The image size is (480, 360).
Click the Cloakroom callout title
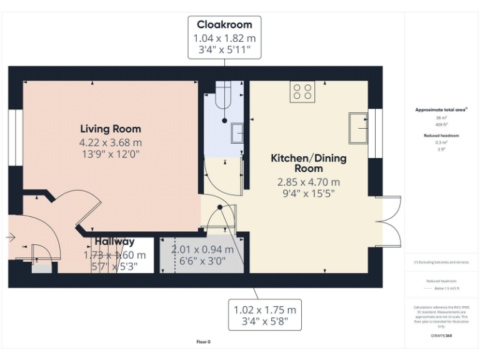click(x=224, y=25)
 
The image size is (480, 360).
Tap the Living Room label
click(x=111, y=129)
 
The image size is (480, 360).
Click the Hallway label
click(x=114, y=241)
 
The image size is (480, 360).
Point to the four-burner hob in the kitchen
click(x=303, y=92)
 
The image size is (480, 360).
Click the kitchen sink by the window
click(x=359, y=128)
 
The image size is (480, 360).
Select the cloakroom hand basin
click(x=237, y=133)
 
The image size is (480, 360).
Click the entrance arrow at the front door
click(x=10, y=237)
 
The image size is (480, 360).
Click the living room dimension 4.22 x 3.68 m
click(x=111, y=142)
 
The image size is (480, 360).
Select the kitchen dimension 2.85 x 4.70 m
click(x=308, y=182)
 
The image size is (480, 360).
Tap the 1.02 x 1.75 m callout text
click(x=264, y=309)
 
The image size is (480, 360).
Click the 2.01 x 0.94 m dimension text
click(x=202, y=249)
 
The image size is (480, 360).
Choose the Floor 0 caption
click(x=204, y=342)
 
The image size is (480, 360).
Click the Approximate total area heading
click(x=441, y=109)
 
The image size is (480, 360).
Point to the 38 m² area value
click(x=441, y=117)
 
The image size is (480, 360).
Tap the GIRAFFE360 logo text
click(x=441, y=336)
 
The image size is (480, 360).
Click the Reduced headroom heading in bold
click(x=441, y=135)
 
